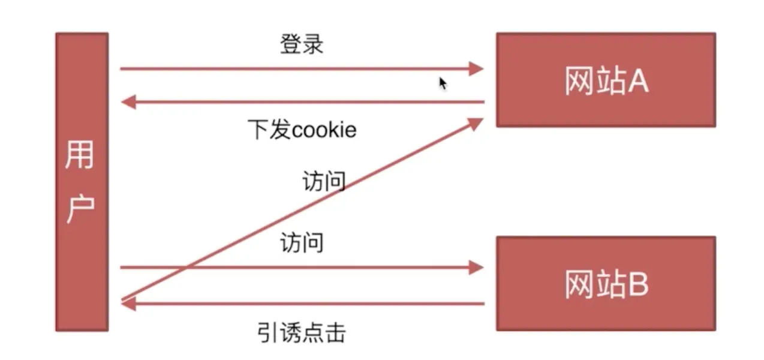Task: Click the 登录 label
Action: pyautogui.click(x=302, y=44)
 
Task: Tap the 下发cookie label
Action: pyautogui.click(x=302, y=130)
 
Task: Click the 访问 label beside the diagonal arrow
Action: pyautogui.click(x=324, y=181)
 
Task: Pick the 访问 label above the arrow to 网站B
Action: pyautogui.click(x=302, y=243)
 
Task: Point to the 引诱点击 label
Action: pyautogui.click(x=302, y=332)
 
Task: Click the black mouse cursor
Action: pyautogui.click(x=443, y=83)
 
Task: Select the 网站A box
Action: pyautogui.click(x=606, y=79)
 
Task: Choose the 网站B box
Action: pyautogui.click(x=606, y=283)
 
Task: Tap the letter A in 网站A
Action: pyautogui.click(x=637, y=81)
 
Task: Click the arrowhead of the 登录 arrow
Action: pyautogui.click(x=476, y=68)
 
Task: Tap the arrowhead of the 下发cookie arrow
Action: pyautogui.click(x=128, y=103)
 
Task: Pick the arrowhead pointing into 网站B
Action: pyautogui.click(x=476, y=267)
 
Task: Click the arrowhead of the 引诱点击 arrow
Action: pyautogui.click(x=128, y=304)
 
